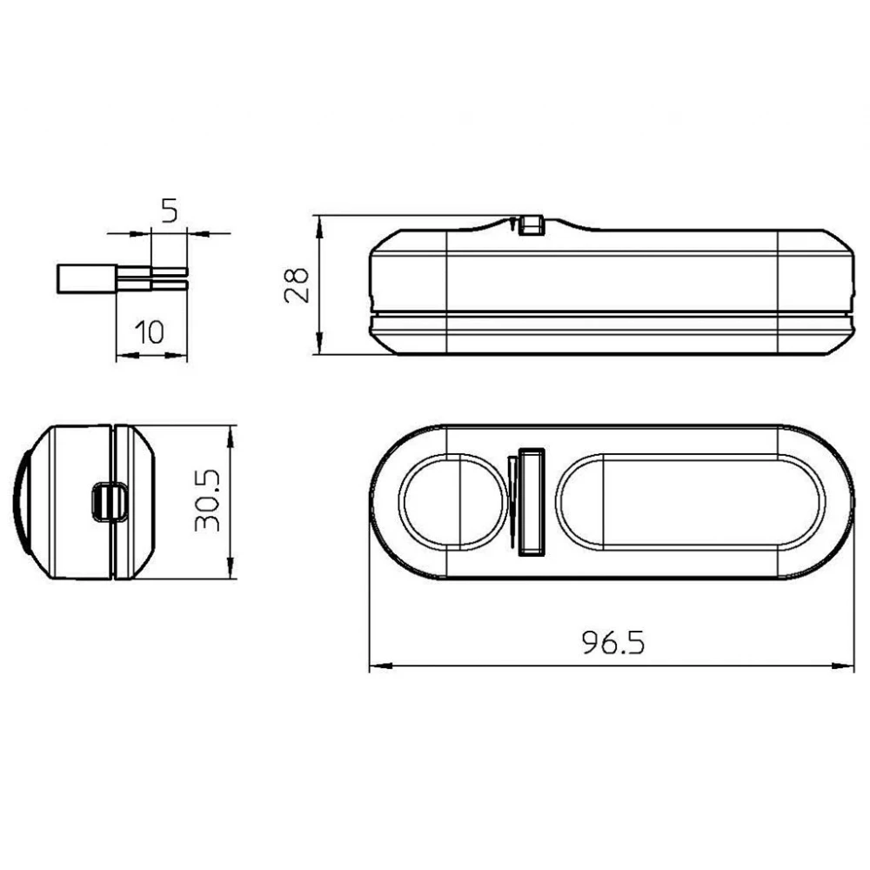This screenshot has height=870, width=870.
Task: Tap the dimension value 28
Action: pyautogui.click(x=298, y=284)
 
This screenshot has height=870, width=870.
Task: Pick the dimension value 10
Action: pyautogui.click(x=151, y=331)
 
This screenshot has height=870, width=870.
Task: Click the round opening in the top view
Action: pyautogui.click(x=452, y=502)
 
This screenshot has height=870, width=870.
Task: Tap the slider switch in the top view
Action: pyautogui.click(x=530, y=501)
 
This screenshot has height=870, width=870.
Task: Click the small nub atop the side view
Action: pyautogui.click(x=528, y=224)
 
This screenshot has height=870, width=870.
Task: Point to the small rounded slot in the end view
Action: pyautogui.click(x=109, y=501)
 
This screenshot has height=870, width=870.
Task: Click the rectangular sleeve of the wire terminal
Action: pyautogui.click(x=85, y=278)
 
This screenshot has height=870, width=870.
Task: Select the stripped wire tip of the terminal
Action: pyautogui.click(x=169, y=278)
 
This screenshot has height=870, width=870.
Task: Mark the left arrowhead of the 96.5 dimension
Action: pyautogui.click(x=377, y=667)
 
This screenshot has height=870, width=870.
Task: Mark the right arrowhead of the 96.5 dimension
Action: pyautogui.click(x=848, y=667)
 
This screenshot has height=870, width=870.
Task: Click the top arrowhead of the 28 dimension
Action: pyautogui.click(x=321, y=223)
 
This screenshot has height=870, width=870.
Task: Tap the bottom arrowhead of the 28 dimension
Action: pyautogui.click(x=321, y=347)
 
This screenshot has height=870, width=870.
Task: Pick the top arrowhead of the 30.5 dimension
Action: pyautogui.click(x=230, y=432)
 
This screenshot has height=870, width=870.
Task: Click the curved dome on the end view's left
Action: pyautogui.click(x=20, y=502)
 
